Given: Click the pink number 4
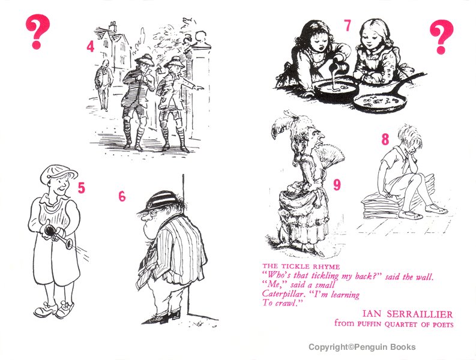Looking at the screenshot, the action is coord(90,46).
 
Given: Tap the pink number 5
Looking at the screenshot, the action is coord(81,188).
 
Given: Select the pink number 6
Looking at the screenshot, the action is coord(122,196).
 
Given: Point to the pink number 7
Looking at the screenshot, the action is coord(348,25).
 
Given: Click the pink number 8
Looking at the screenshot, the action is coord(385,140).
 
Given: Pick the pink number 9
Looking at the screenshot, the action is coord(337,185).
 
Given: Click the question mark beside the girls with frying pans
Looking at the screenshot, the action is coord(441,37).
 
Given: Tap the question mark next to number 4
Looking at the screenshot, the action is coord(37,31).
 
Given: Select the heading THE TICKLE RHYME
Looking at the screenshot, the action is coord(301,266).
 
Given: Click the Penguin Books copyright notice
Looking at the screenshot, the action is coord(362,347).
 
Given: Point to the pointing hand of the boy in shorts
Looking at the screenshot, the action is coord(199,88).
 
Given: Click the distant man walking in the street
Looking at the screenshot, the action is coord(104,85).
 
